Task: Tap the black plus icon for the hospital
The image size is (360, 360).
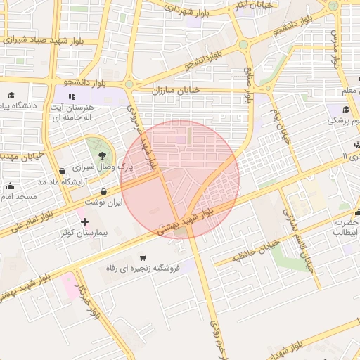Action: click(x=84, y=221)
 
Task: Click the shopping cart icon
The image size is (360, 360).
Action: click(x=143, y=257)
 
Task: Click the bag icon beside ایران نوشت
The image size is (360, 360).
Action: click(x=104, y=191)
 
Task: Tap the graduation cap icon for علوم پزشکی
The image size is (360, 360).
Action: click(x=346, y=109)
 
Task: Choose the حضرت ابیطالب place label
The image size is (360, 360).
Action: click(x=345, y=226)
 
